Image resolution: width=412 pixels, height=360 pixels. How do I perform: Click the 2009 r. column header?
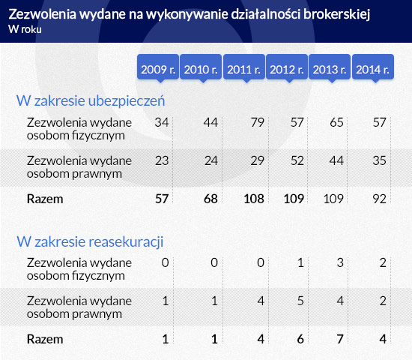pyautogui.click(x=158, y=67)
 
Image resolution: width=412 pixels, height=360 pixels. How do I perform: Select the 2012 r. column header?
pyautogui.click(x=287, y=67)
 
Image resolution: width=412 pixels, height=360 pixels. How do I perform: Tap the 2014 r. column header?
pyautogui.click(x=373, y=67)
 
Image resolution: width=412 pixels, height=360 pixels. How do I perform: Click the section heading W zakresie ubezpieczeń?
pyautogui.click(x=91, y=101)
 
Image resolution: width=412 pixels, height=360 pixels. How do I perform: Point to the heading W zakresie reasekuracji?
pyautogui.click(x=90, y=241)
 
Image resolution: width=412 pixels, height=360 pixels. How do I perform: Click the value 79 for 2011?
pyautogui.click(x=257, y=122)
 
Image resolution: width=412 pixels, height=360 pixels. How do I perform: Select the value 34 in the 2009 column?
pyautogui.click(x=162, y=122)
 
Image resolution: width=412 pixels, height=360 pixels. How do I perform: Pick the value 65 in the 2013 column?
pyautogui.click(x=336, y=122)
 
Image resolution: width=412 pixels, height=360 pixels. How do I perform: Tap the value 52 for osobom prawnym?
pyautogui.click(x=297, y=160)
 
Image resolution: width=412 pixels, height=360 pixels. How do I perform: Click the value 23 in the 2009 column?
pyautogui.click(x=162, y=160)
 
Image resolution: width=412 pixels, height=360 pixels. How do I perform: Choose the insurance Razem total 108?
pyautogui.click(x=254, y=199)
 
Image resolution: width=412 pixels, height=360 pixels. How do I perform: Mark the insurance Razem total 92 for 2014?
pyautogui.click(x=380, y=199)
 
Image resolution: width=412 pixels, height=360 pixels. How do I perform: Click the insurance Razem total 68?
pyautogui.click(x=210, y=199)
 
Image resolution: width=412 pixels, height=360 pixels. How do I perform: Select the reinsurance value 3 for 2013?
pyautogui.click(x=340, y=263)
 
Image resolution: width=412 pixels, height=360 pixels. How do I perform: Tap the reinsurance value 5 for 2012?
pyautogui.click(x=300, y=301)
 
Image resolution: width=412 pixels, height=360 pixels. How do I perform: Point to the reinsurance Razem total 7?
pyautogui.click(x=340, y=339)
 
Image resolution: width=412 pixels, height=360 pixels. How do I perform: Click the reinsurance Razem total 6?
pyautogui.click(x=300, y=339)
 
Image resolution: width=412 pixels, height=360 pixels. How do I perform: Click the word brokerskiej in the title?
pyautogui.click(x=337, y=14)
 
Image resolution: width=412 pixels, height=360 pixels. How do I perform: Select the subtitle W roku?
pyautogui.click(x=25, y=29)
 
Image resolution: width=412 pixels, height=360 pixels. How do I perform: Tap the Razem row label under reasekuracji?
pyautogui.click(x=45, y=339)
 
